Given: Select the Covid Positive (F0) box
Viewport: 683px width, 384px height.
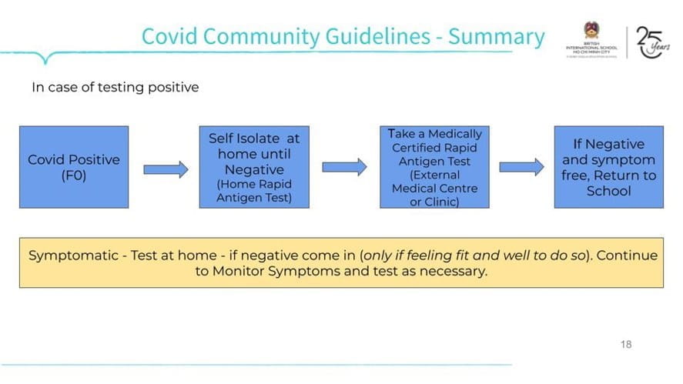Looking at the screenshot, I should [74, 167].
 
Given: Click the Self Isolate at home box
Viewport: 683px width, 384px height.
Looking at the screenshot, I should [254, 167].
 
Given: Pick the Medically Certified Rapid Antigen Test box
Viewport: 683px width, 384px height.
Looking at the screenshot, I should [434, 167].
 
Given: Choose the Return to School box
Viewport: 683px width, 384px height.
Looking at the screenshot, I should [608, 167].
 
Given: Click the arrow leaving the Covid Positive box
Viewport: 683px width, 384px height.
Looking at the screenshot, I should [166, 169].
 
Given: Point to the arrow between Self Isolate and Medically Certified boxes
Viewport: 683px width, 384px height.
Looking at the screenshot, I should [344, 168].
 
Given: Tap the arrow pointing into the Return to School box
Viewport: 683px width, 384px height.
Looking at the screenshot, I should [521, 167].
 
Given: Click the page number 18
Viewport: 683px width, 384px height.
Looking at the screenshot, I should [625, 344].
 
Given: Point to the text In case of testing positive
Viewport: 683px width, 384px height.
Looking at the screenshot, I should [115, 87].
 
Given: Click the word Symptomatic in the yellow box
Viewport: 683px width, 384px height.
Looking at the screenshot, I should [67, 255].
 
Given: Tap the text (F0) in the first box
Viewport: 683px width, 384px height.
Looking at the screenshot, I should [74, 175].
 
